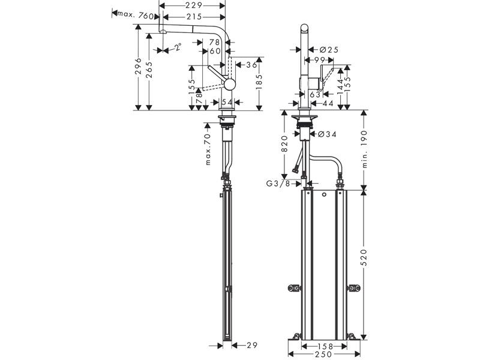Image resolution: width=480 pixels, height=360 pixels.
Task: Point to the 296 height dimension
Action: point(139,67)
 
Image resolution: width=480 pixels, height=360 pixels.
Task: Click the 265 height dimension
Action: point(149,70)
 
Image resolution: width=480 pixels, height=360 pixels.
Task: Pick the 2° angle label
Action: point(178,47)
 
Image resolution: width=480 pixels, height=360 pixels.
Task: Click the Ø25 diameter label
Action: point(328,50)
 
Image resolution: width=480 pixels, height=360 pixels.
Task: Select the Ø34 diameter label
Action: point(326,134)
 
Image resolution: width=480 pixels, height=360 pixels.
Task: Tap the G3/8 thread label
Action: point(278,184)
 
